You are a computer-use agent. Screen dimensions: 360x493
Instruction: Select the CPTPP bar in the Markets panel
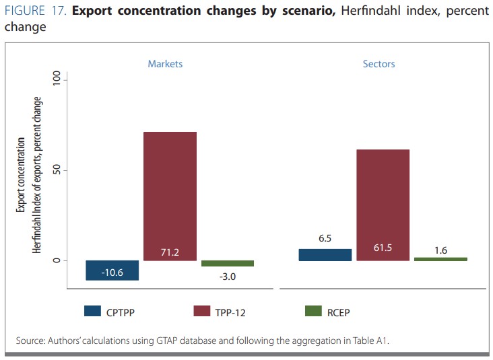pyautogui.click(x=112, y=271)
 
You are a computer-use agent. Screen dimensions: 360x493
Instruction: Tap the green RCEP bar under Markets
pyautogui.click(x=228, y=263)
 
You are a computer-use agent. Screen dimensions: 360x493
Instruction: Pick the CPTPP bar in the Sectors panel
pyautogui.click(x=325, y=254)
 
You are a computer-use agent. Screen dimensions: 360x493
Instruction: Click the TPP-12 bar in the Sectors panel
pyautogui.click(x=383, y=202)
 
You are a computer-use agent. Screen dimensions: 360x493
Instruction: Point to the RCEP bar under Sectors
pyautogui.click(x=440, y=258)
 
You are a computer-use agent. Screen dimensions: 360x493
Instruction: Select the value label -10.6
pyautogui.click(x=112, y=272)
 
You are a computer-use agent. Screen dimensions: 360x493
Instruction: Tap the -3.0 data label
pyautogui.click(x=228, y=275)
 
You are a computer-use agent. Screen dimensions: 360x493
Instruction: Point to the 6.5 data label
pyautogui.click(x=325, y=238)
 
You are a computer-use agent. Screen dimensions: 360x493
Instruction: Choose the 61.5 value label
pyautogui.click(x=383, y=248)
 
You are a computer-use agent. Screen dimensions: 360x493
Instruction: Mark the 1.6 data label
pyautogui.click(x=440, y=250)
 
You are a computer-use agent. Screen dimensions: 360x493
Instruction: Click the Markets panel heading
pyautogui.click(x=165, y=64)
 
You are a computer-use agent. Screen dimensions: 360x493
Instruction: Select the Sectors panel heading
pyautogui.click(x=379, y=64)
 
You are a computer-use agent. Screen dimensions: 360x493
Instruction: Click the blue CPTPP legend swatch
pyautogui.click(x=92, y=311)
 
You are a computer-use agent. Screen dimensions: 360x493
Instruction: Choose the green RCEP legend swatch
pyautogui.click(x=313, y=311)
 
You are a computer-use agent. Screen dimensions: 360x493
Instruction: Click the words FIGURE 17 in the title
pyautogui.click(x=34, y=12)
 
